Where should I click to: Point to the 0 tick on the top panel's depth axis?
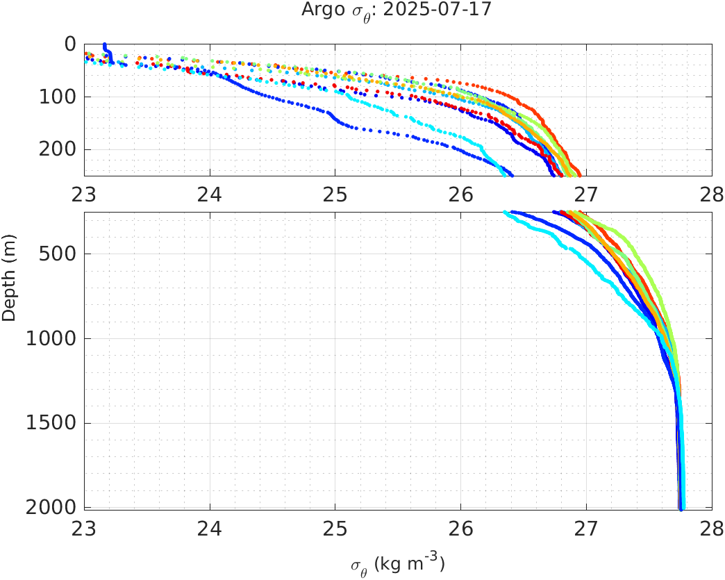pyautogui.click(x=70, y=44)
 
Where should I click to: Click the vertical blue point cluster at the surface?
pyautogui.click(x=106, y=50)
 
